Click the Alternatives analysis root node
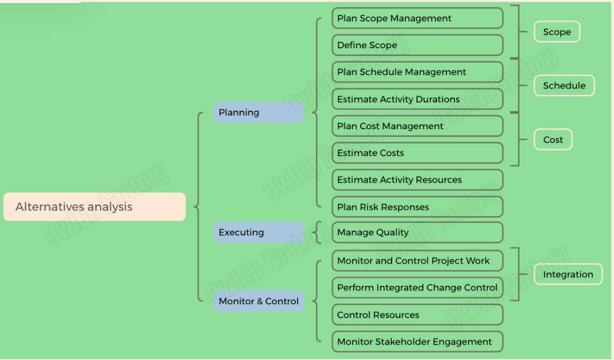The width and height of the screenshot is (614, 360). coord(94,207)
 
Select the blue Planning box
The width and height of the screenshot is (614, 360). coord(258,113)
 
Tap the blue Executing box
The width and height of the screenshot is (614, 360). coord(258,233)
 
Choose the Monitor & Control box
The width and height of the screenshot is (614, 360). coord(258,301)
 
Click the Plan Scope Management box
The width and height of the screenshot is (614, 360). coord(417,18)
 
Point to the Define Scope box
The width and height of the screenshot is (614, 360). coord(417,45)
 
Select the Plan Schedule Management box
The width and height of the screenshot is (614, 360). coord(417,72)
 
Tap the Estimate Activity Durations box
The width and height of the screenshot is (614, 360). coord(417,99)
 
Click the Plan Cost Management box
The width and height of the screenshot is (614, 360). coord(417,126)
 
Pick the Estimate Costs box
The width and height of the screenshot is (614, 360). coord(417,153)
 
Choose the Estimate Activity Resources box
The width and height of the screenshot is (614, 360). coord(417,180)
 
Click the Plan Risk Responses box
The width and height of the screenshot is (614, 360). coord(417,207)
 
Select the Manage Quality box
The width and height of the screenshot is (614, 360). coord(417,233)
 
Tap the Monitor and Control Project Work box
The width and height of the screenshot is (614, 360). coord(417,261)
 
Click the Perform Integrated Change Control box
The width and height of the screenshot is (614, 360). coord(417,288)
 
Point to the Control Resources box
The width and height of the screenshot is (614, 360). coord(417,315)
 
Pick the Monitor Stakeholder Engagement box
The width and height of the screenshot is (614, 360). coord(417,342)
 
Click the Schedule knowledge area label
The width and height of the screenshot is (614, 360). coord(564,86)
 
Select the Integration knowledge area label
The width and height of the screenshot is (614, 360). coord(567,274)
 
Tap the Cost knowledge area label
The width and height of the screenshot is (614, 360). coord(553,140)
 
